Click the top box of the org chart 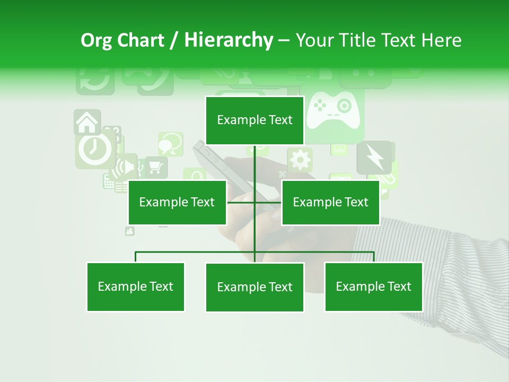pos(254,120)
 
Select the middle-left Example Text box pos(177,202)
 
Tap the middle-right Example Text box pos(330,202)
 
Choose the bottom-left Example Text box pos(136,286)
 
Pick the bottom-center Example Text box pos(254,287)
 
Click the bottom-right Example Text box pos(373,286)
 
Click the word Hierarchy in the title pos(229,40)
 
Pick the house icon pos(87,123)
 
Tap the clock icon pos(94,150)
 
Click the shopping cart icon pos(155,167)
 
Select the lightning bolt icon pos(374,158)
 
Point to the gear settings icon pos(300,160)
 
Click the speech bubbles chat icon pos(171,143)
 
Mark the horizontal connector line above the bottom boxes pos(196,252)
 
